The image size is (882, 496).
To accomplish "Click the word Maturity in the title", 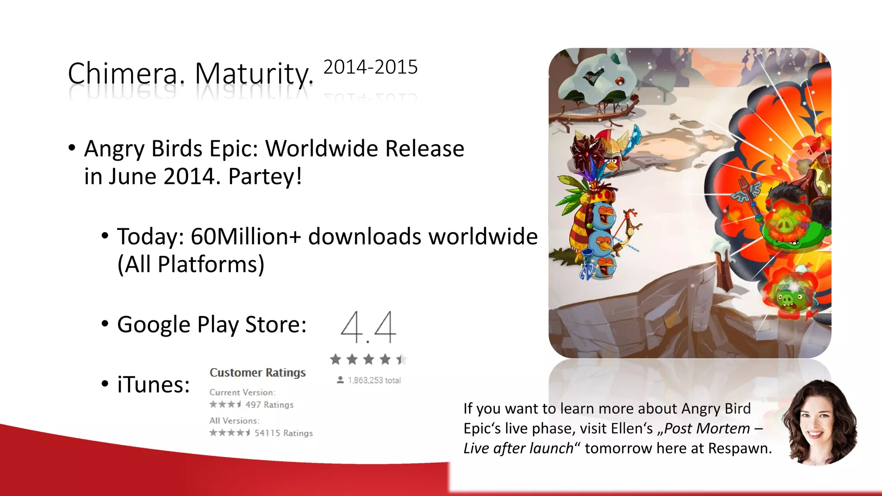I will click(x=254, y=74).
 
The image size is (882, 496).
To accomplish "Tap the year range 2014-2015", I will click(x=370, y=67).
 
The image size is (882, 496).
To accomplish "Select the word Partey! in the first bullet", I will click(x=265, y=177).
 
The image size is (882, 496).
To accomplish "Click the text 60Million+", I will click(x=245, y=236).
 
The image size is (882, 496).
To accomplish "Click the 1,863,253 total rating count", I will click(x=374, y=380).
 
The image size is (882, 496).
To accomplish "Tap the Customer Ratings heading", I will click(x=258, y=372).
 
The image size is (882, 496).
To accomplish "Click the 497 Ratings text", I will click(x=270, y=405).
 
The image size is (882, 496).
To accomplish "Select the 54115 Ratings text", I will click(x=283, y=433).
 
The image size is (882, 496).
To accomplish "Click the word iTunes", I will click(x=153, y=384).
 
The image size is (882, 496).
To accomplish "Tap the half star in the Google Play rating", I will click(x=401, y=359).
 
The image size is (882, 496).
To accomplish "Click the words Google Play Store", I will click(x=211, y=325).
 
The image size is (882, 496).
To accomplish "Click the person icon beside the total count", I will click(x=340, y=380).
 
